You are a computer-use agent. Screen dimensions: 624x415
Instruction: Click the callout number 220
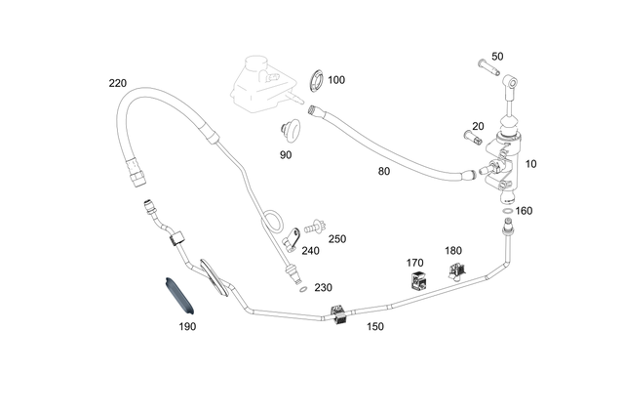[x=118, y=83]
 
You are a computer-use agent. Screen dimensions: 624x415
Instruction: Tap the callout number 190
[x=187, y=326]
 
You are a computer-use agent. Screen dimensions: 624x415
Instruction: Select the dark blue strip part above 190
[x=179, y=296]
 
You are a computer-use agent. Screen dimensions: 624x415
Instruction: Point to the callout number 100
[x=336, y=80]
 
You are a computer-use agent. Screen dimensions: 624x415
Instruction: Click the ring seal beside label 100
[x=317, y=81]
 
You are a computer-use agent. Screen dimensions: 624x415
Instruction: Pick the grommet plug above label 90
[x=291, y=130]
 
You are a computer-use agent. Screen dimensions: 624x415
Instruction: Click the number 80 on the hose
[x=383, y=172]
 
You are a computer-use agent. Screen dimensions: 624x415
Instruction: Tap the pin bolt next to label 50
[x=487, y=66]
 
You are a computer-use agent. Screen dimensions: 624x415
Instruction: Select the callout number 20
[x=478, y=126]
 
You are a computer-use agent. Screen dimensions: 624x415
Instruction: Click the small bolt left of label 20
[x=473, y=138]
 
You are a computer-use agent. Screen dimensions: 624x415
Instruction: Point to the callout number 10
[x=530, y=164]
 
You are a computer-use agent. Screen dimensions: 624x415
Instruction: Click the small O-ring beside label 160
[x=507, y=211]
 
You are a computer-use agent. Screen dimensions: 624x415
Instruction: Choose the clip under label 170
[x=418, y=280]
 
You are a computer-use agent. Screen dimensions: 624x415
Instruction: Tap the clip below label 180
[x=457, y=271]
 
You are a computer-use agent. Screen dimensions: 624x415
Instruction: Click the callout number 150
[x=374, y=326]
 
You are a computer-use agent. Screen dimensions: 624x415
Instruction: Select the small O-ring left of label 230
[x=303, y=289]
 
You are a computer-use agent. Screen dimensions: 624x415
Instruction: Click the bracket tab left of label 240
[x=291, y=240]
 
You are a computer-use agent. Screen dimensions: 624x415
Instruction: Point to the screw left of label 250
[x=315, y=228]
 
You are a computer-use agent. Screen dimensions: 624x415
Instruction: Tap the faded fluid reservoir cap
[x=255, y=63]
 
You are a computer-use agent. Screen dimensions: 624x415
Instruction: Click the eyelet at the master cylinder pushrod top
[x=512, y=83]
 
